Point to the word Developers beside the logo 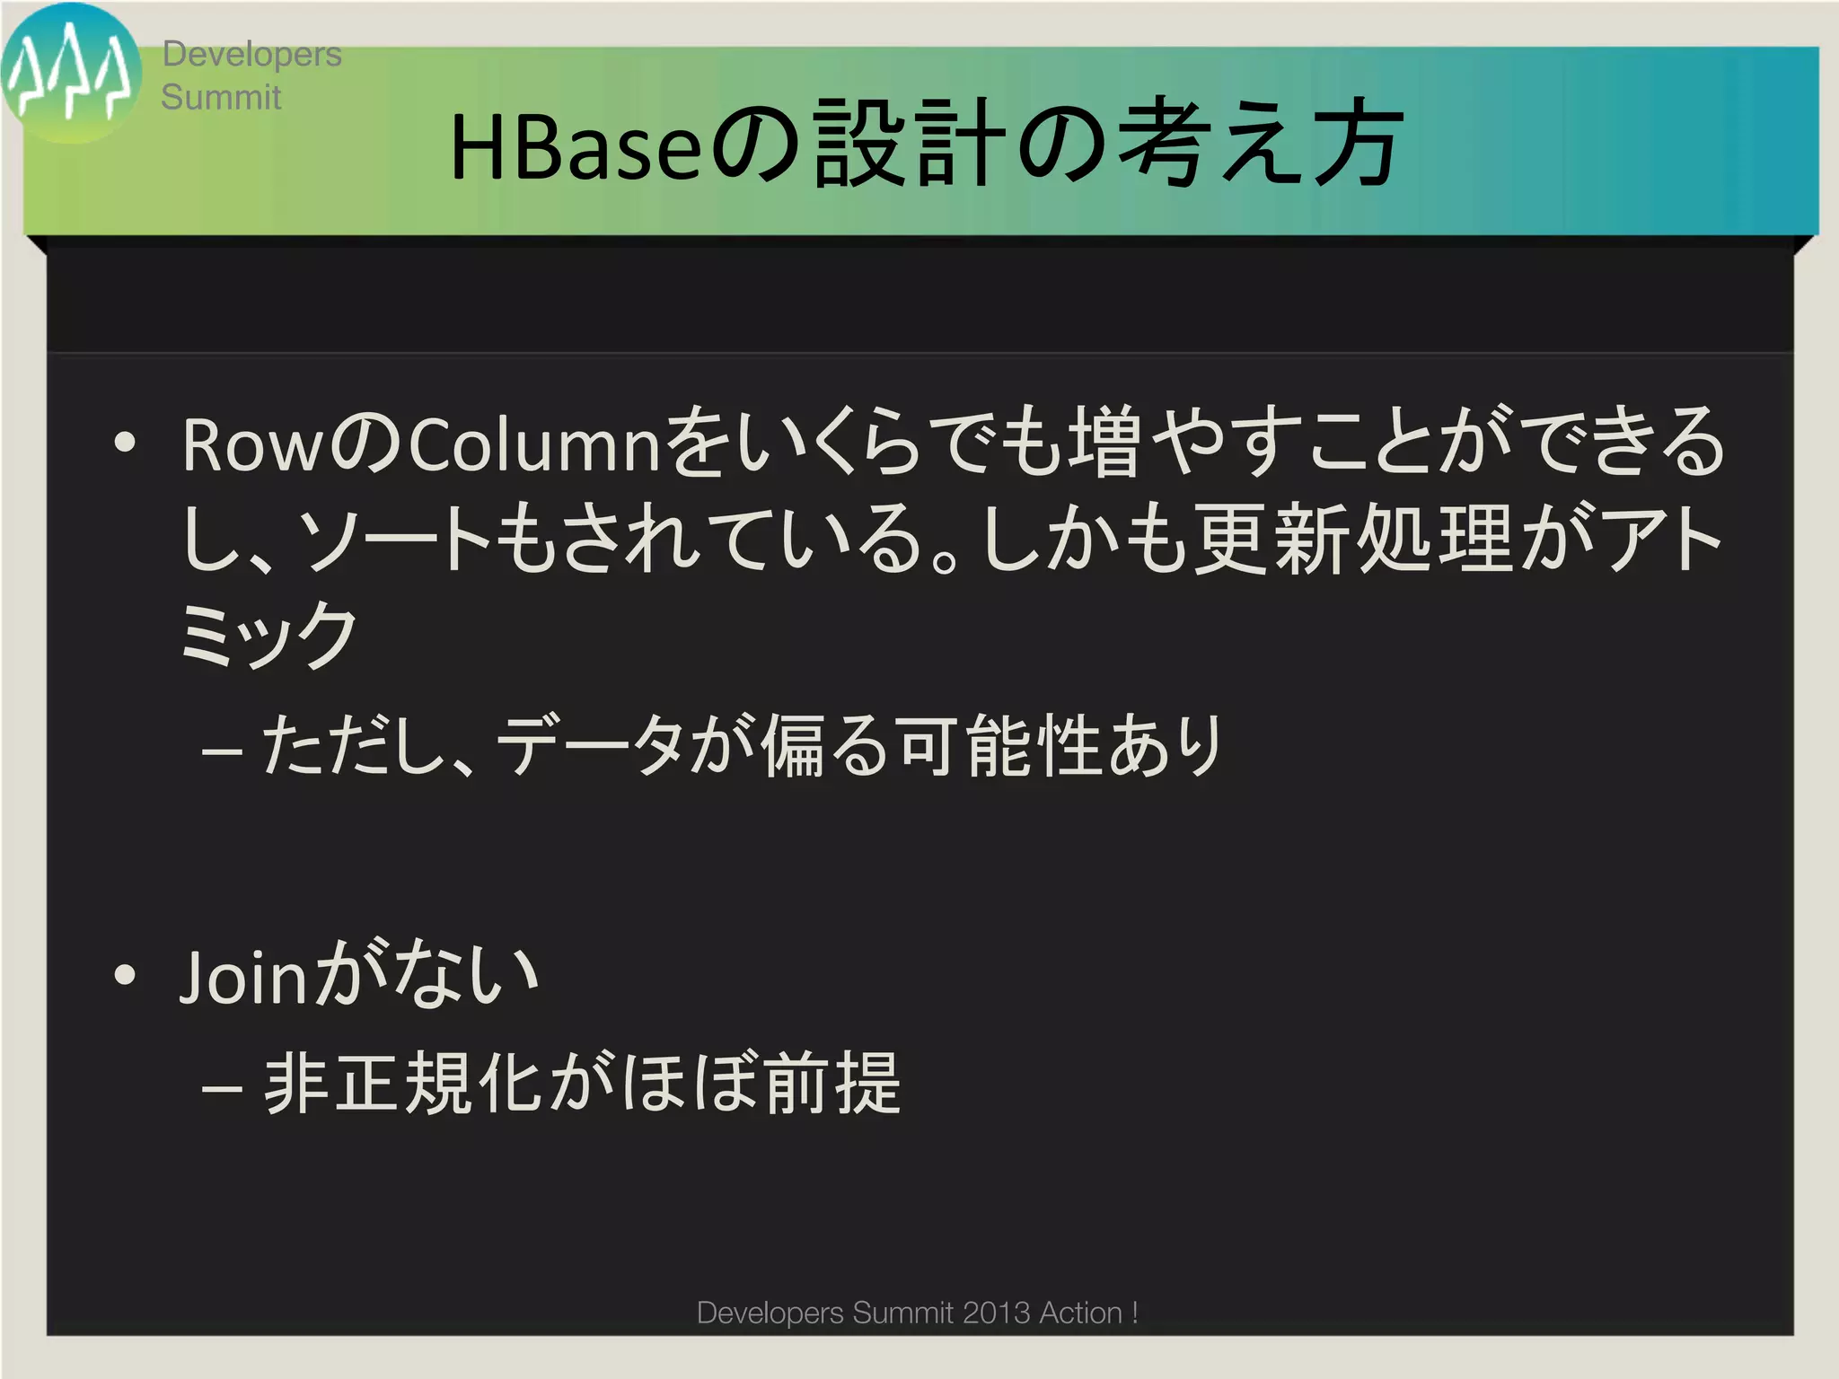click(x=251, y=55)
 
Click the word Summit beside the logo click(x=221, y=97)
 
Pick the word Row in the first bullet click(x=252, y=446)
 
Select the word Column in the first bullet click(x=535, y=446)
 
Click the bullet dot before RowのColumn click(x=126, y=444)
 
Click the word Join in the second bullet click(x=244, y=977)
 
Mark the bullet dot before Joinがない click(x=126, y=975)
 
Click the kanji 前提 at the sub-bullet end click(x=832, y=1083)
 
